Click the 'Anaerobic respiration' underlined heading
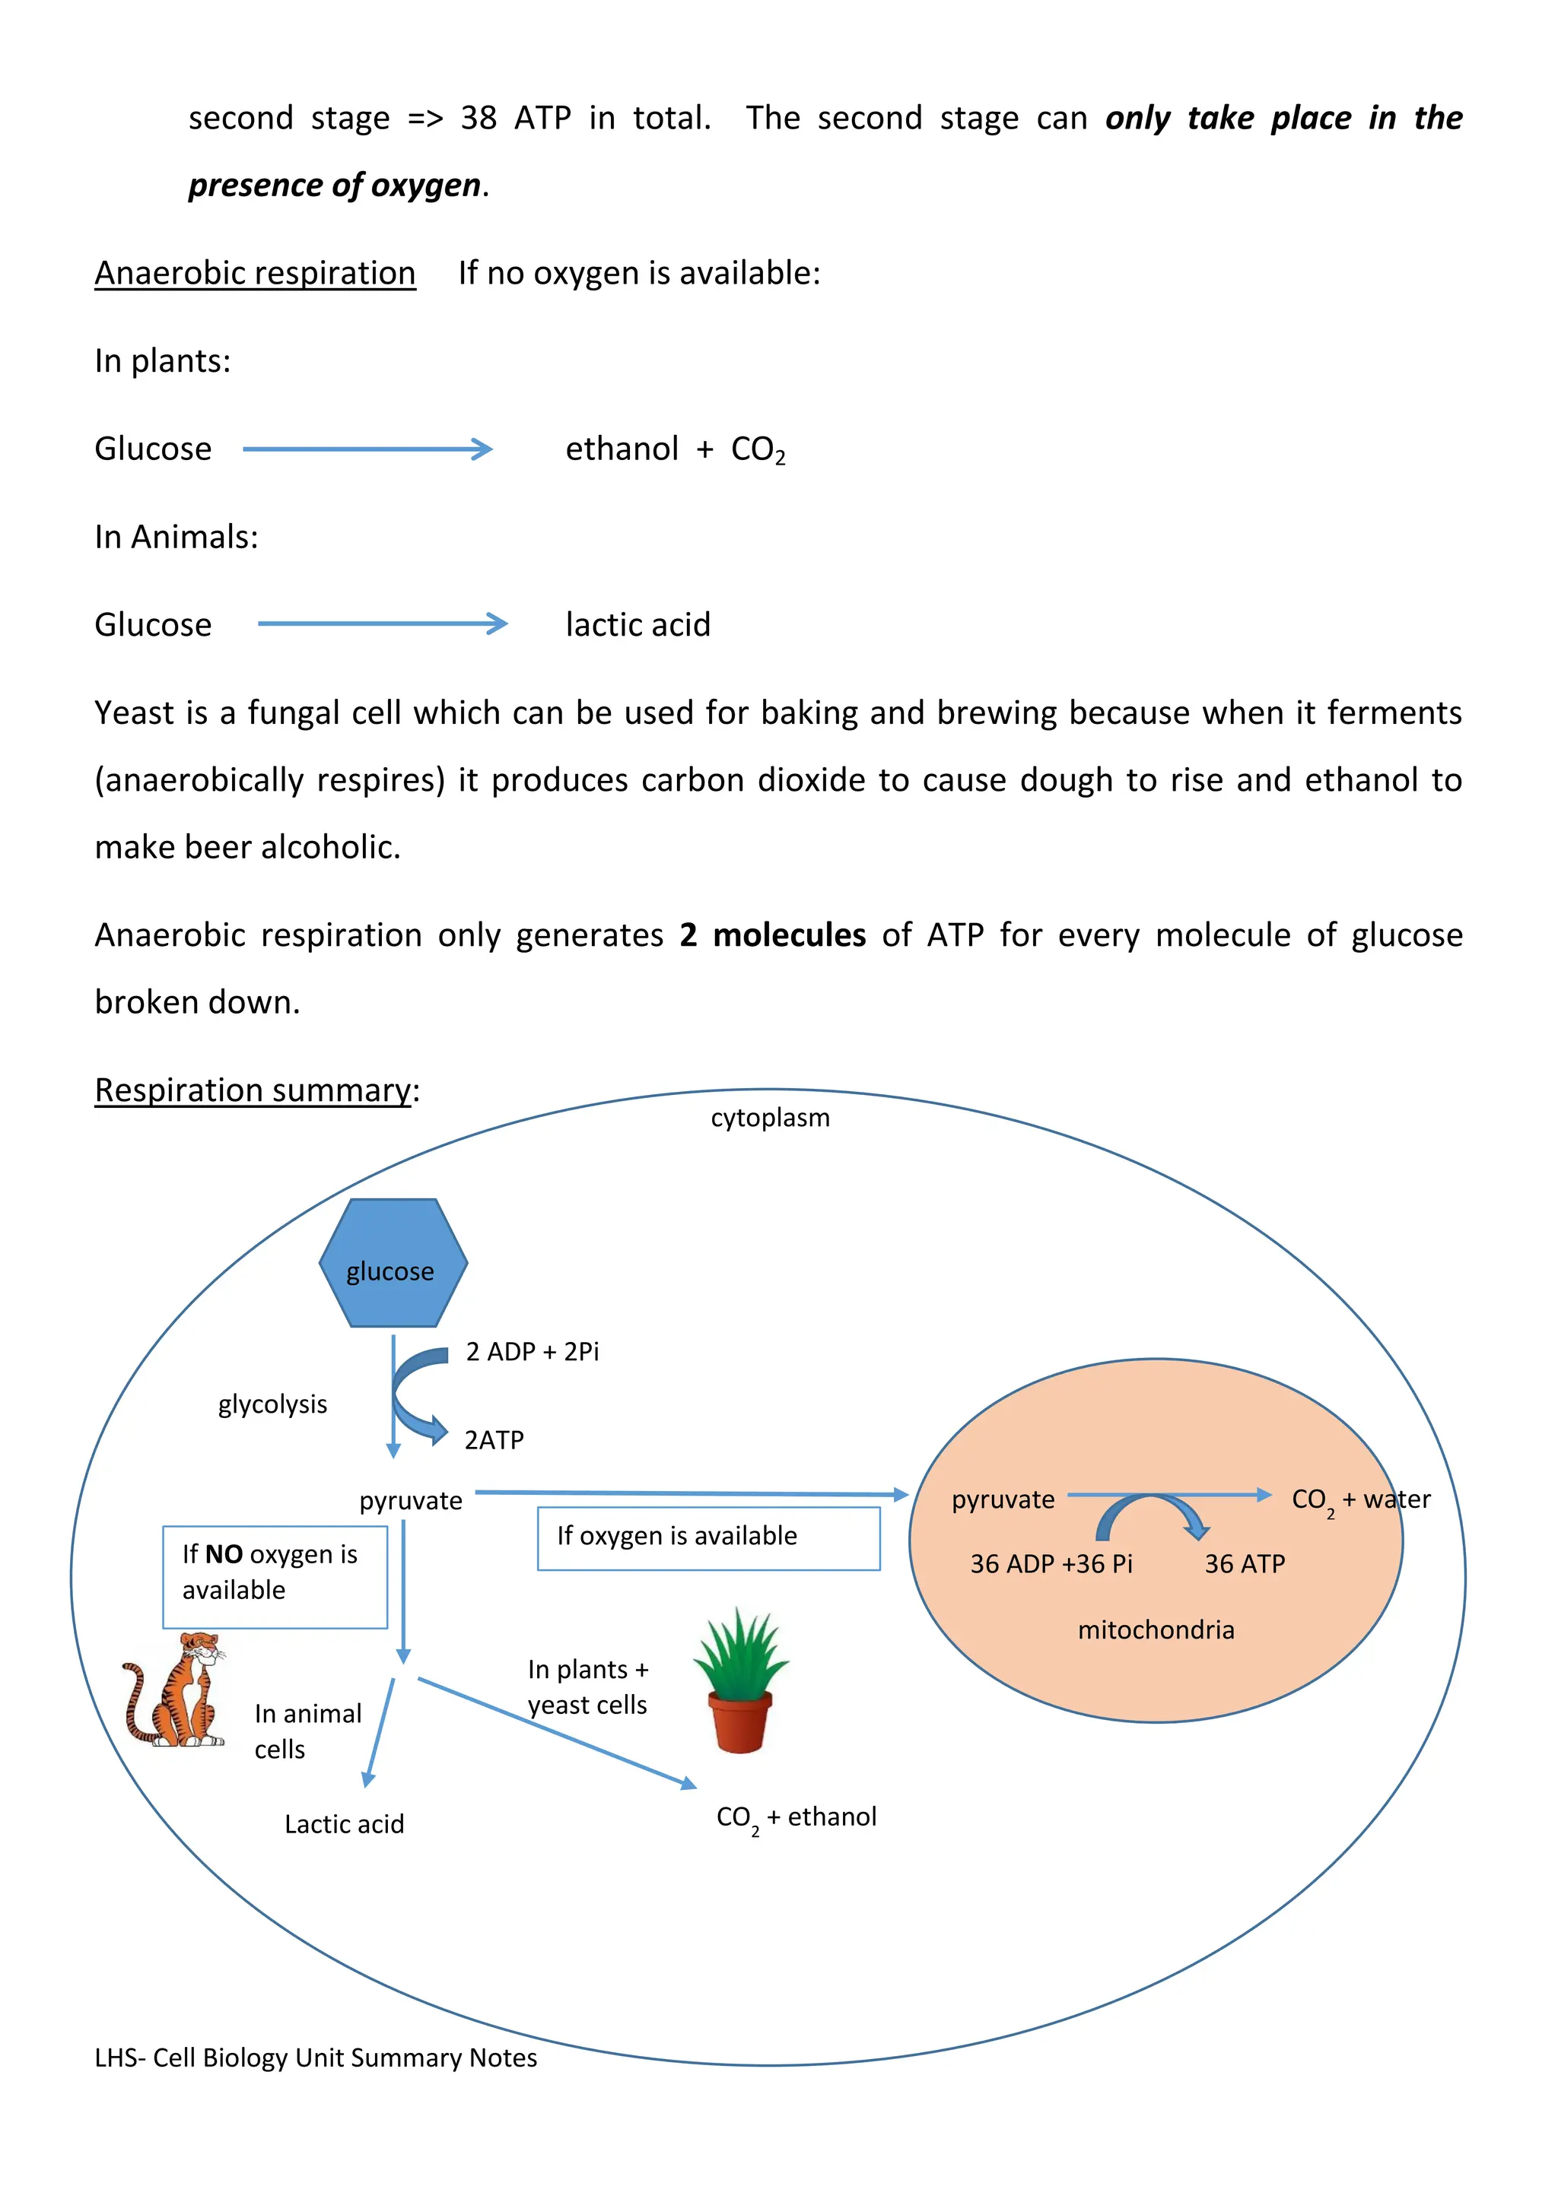[255, 273]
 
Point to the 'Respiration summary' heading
[253, 1090]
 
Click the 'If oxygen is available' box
[708, 1537]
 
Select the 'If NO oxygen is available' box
[275, 1577]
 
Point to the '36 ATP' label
[1245, 1564]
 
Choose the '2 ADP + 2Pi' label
[533, 1352]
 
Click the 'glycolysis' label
[272, 1405]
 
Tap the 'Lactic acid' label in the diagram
[345, 1824]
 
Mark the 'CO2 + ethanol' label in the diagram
[796, 1817]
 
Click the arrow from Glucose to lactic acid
[382, 624]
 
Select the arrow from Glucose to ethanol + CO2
[367, 449]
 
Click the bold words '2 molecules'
[772, 935]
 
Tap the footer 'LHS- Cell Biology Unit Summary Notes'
[316, 2058]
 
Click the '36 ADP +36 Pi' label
[1051, 1564]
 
